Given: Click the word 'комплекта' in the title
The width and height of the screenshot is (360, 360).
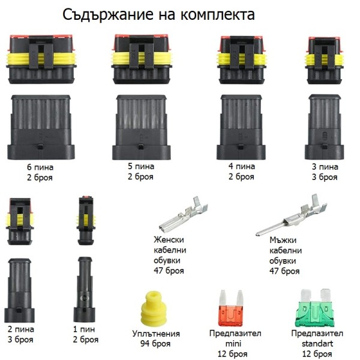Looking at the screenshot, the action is pyautogui.click(x=217, y=14).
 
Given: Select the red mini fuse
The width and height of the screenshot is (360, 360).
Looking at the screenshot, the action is pyautogui.click(x=231, y=308).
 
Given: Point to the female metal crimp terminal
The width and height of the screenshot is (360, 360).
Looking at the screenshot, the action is pyautogui.click(x=184, y=214).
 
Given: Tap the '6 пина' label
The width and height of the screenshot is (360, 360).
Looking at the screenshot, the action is pyautogui.click(x=40, y=167).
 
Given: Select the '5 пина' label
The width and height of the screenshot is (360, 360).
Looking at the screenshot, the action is pyautogui.click(x=141, y=166).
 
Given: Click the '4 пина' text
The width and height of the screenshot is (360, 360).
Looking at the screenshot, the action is pyautogui.click(x=242, y=166).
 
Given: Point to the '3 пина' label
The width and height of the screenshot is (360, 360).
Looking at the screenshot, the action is pyautogui.click(x=325, y=167).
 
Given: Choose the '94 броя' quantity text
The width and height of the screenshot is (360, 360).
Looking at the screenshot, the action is pyautogui.click(x=155, y=344).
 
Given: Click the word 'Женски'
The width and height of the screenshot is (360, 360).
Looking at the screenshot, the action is pyautogui.click(x=169, y=239).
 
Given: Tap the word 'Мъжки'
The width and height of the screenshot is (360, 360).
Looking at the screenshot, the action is pyautogui.click(x=283, y=240).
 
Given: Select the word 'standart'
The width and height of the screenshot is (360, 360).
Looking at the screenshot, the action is pyautogui.click(x=317, y=344).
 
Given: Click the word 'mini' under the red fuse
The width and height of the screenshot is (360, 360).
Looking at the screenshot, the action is pyautogui.click(x=233, y=344).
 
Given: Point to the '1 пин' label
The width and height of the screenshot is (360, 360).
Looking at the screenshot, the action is pyautogui.click(x=84, y=329).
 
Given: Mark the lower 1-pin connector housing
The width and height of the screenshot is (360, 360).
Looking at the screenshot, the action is pyautogui.click(x=84, y=290).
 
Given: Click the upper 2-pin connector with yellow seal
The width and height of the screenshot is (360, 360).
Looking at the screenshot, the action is pyautogui.click(x=20, y=221).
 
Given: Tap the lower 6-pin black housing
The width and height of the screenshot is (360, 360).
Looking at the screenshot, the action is pyautogui.click(x=41, y=127).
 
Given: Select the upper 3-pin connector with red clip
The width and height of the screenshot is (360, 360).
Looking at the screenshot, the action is pyautogui.click(x=325, y=61).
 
